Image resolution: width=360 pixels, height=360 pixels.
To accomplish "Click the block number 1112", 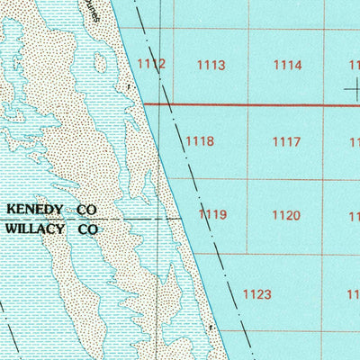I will [152, 63].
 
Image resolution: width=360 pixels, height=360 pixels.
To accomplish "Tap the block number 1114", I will [287, 65].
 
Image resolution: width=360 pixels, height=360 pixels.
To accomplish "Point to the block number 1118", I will [199, 141].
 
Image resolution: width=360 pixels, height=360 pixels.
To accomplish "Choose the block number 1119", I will [212, 214].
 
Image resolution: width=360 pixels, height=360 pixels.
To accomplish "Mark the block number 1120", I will [285, 215].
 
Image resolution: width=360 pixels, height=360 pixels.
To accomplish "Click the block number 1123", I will [257, 293].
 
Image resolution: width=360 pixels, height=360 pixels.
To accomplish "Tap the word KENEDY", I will [35, 209].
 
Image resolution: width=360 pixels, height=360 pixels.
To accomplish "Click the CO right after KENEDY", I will [86, 209].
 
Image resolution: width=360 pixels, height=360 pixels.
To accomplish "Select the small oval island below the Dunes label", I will [100, 63].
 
